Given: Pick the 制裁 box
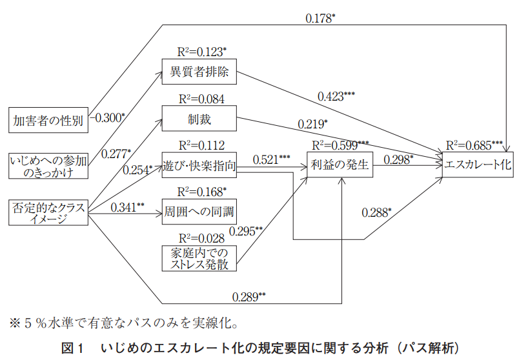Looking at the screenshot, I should pyautogui.click(x=199, y=119).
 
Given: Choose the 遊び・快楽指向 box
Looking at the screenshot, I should pyautogui.click(x=199, y=166).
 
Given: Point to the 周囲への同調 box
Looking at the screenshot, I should pyautogui.click(x=199, y=212).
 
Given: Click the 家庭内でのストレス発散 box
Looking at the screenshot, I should pyautogui.click(x=199, y=257).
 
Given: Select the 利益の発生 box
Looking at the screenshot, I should pyautogui.click(x=340, y=165).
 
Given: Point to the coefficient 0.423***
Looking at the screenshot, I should pyautogui.click(x=336, y=96).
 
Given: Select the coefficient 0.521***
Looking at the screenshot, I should pyautogui.click(x=271, y=158).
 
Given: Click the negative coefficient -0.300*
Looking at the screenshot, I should pyautogui.click(x=108, y=117).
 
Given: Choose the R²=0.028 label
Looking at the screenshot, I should pyautogui.click(x=199, y=237).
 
